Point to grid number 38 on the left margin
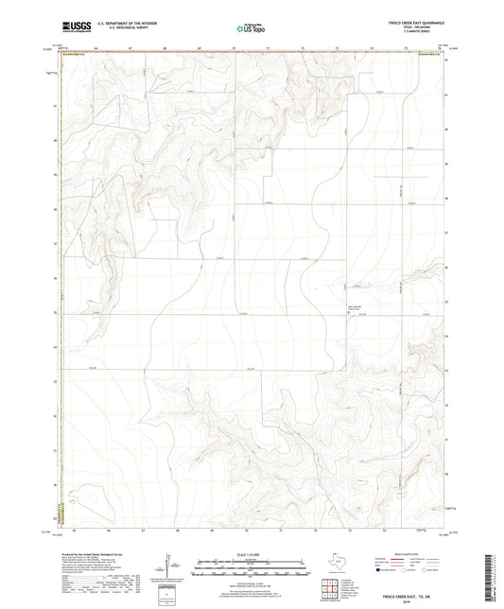tap(56, 209)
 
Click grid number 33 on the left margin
tap(56, 381)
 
